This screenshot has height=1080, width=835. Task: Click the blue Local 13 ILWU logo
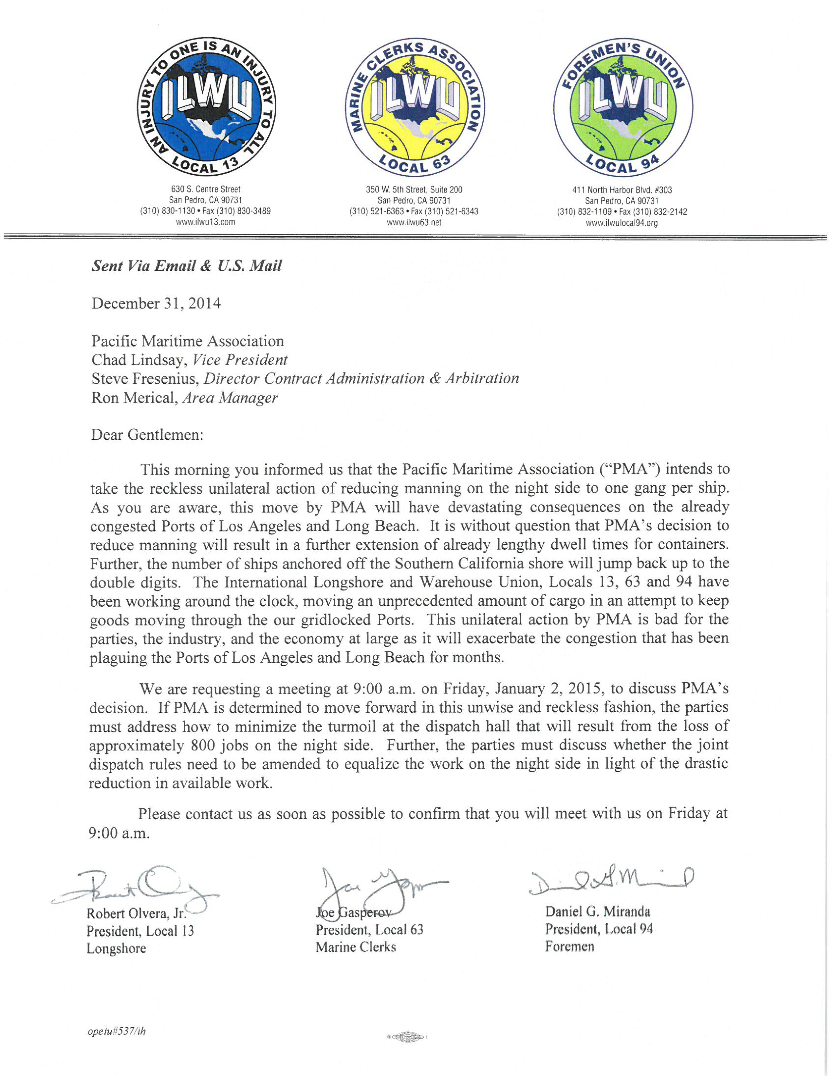tap(206, 107)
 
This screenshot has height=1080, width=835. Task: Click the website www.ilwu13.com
tap(206, 222)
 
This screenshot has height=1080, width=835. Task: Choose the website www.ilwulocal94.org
tap(622, 223)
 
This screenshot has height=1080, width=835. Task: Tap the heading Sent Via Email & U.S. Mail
tap(187, 266)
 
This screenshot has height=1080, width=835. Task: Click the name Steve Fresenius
tap(145, 379)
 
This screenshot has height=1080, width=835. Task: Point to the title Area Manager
tap(230, 398)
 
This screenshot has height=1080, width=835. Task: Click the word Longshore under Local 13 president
tap(116, 948)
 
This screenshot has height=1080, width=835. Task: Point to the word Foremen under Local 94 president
tap(570, 946)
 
